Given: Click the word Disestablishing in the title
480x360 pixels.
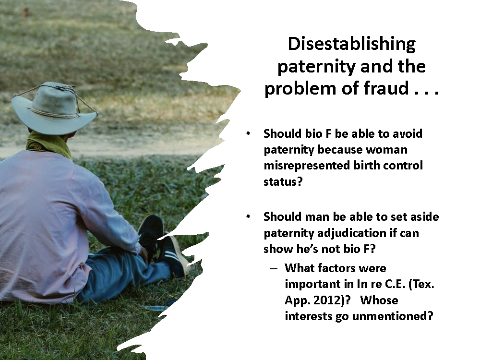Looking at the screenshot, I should coord(351,44).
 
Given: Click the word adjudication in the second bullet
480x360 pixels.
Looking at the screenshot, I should coord(361,233).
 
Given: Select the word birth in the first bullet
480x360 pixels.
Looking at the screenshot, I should coord(360,166).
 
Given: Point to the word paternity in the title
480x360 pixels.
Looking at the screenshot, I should coord(311,66).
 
